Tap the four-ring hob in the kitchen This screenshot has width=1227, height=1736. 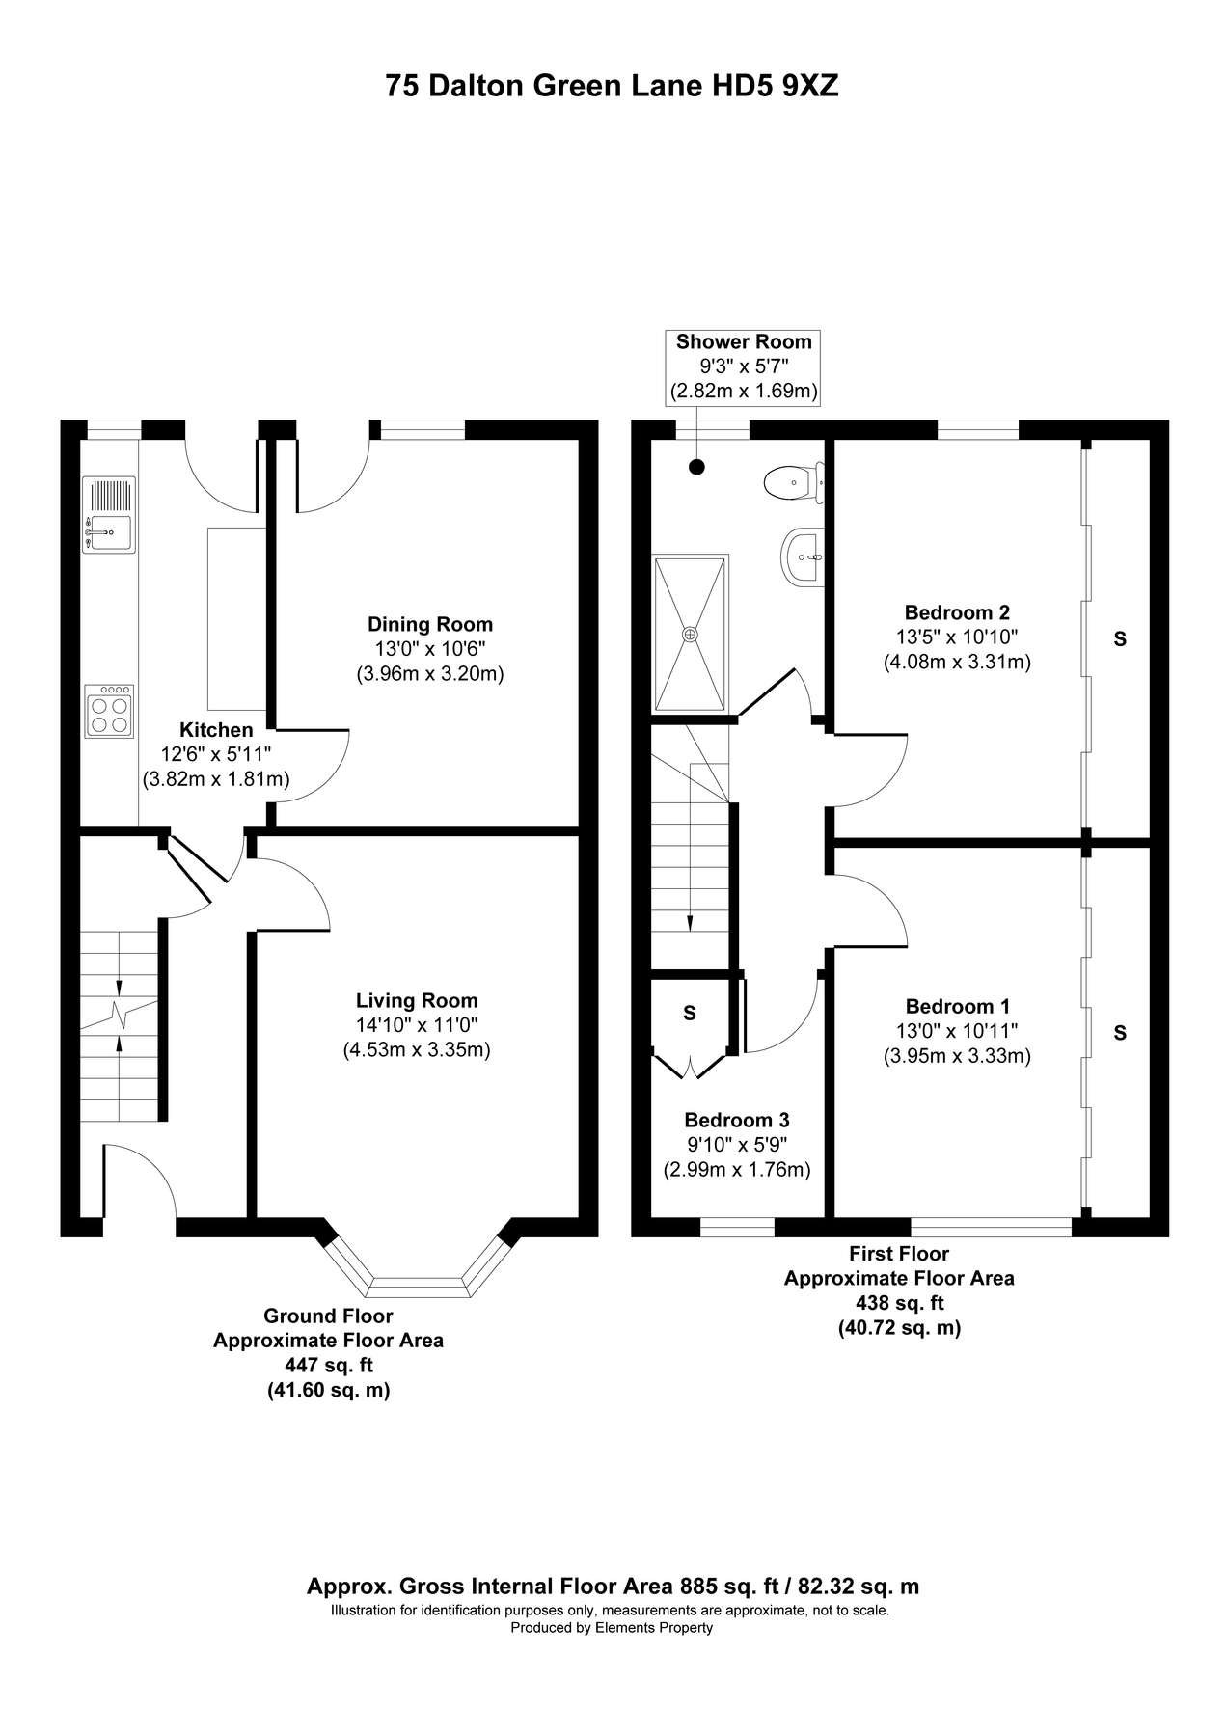pyautogui.click(x=109, y=712)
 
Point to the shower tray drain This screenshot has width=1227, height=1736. pyautogui.click(x=690, y=634)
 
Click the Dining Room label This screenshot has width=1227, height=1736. pyautogui.click(x=429, y=624)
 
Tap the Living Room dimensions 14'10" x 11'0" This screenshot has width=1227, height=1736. pyautogui.click(x=417, y=1024)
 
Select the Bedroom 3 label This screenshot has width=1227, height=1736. pyautogui.click(x=736, y=1120)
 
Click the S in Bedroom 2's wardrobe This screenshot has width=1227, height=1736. pyautogui.click(x=1120, y=638)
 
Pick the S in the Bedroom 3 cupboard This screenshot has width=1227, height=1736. pyautogui.click(x=689, y=1013)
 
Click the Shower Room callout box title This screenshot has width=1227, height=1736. pyautogui.click(x=744, y=341)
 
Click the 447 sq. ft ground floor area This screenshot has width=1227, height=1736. pyautogui.click(x=328, y=1366)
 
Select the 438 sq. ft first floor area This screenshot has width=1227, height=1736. pyautogui.click(x=899, y=1303)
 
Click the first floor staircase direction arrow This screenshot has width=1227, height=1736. pyautogui.click(x=690, y=922)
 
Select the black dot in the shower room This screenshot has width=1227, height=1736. pyautogui.click(x=696, y=468)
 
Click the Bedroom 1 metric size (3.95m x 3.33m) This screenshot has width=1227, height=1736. pyautogui.click(x=957, y=1056)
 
